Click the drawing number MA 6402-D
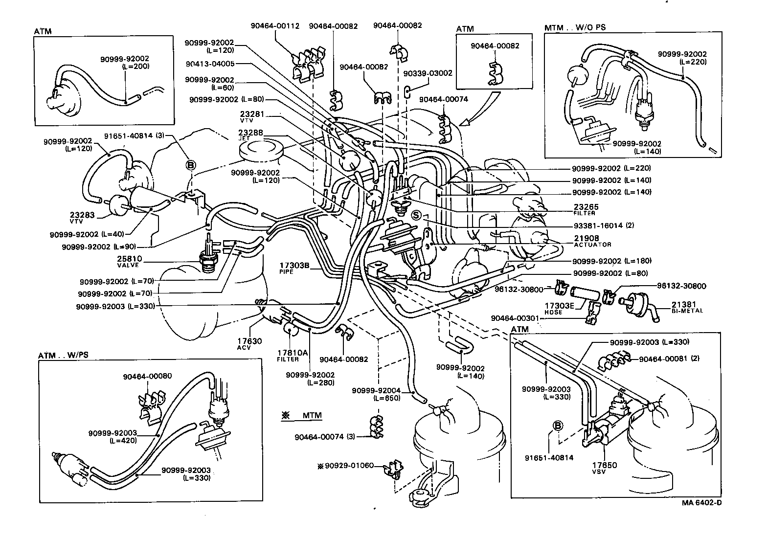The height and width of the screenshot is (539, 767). pos(701,502)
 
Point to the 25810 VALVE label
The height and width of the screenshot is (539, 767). pos(129,261)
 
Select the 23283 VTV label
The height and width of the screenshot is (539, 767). pos(76,217)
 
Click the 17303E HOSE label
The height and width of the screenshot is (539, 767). pos(557,308)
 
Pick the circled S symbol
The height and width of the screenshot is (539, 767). pos(416,215)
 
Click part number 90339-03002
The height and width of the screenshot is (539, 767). pos(428,73)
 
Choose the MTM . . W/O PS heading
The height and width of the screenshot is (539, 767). pos(575,27)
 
